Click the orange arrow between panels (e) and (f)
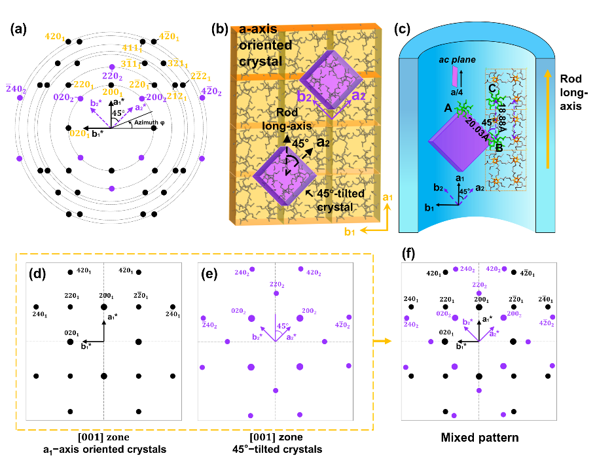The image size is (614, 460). click(384, 342)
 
